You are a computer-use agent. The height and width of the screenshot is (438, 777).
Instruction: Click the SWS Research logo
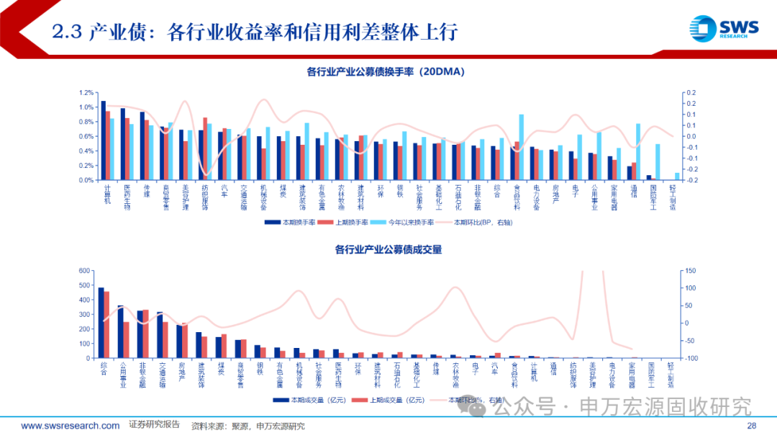tap(724, 29)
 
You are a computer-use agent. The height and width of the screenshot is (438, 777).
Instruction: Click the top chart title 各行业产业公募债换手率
tap(388, 71)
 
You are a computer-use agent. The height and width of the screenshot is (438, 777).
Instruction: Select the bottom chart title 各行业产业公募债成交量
tap(388, 249)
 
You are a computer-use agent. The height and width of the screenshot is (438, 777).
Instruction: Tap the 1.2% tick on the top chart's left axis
tap(86, 93)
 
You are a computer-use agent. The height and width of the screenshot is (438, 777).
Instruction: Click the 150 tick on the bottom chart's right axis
tap(689, 271)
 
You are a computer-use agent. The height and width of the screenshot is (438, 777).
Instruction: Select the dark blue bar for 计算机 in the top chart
tap(104, 140)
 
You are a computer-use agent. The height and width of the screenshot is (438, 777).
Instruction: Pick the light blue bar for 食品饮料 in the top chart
tap(521, 147)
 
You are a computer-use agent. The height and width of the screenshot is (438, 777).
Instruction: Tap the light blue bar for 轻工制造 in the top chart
tap(677, 176)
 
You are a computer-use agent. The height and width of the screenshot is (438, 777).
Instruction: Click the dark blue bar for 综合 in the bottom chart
tap(101, 323)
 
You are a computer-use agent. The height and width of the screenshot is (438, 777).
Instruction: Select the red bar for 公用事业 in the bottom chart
tap(127, 340)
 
